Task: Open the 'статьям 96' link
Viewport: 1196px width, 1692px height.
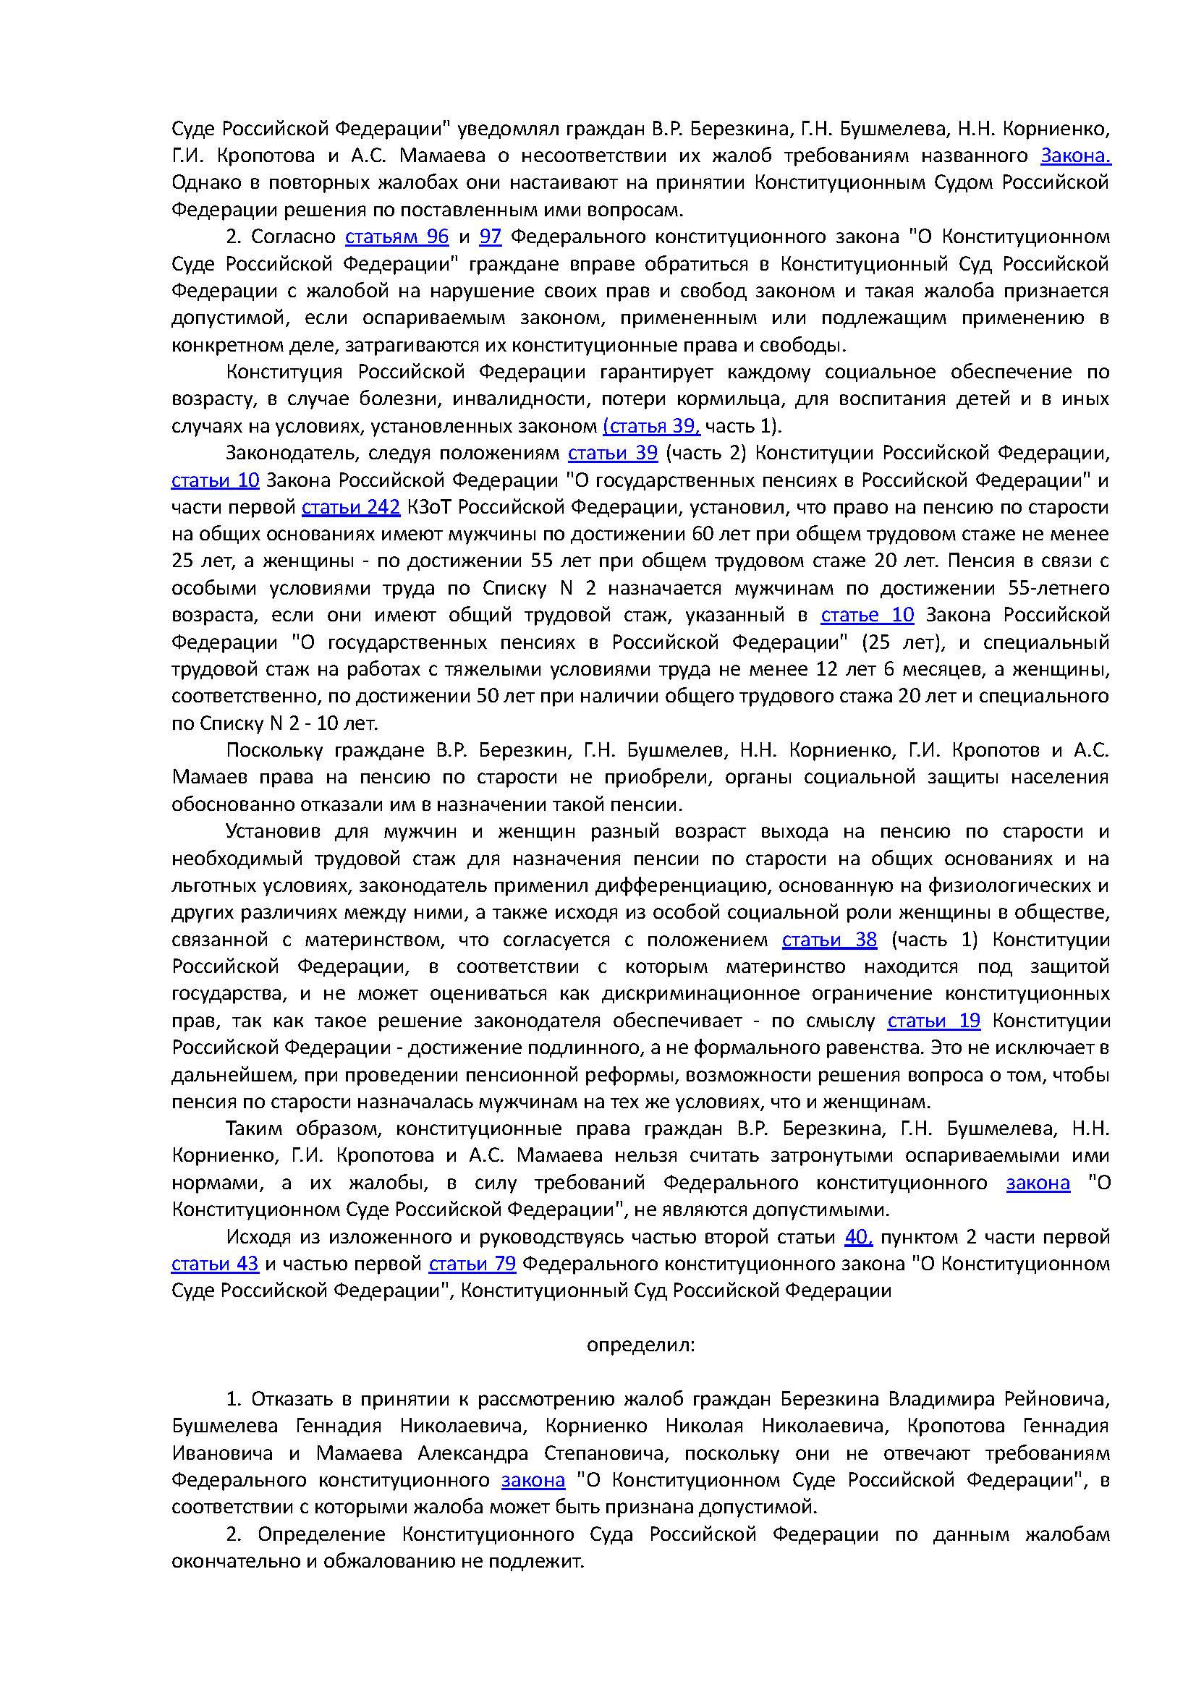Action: pos(396,237)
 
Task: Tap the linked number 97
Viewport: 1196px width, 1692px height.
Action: pos(490,237)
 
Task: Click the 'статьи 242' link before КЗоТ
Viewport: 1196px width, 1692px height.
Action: pos(351,507)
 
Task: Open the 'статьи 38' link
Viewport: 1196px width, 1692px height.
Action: pos(829,940)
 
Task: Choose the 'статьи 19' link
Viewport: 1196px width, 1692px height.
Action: pos(933,1021)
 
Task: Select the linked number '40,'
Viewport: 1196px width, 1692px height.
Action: pos(859,1236)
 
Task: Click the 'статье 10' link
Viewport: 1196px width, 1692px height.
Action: pos(868,615)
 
